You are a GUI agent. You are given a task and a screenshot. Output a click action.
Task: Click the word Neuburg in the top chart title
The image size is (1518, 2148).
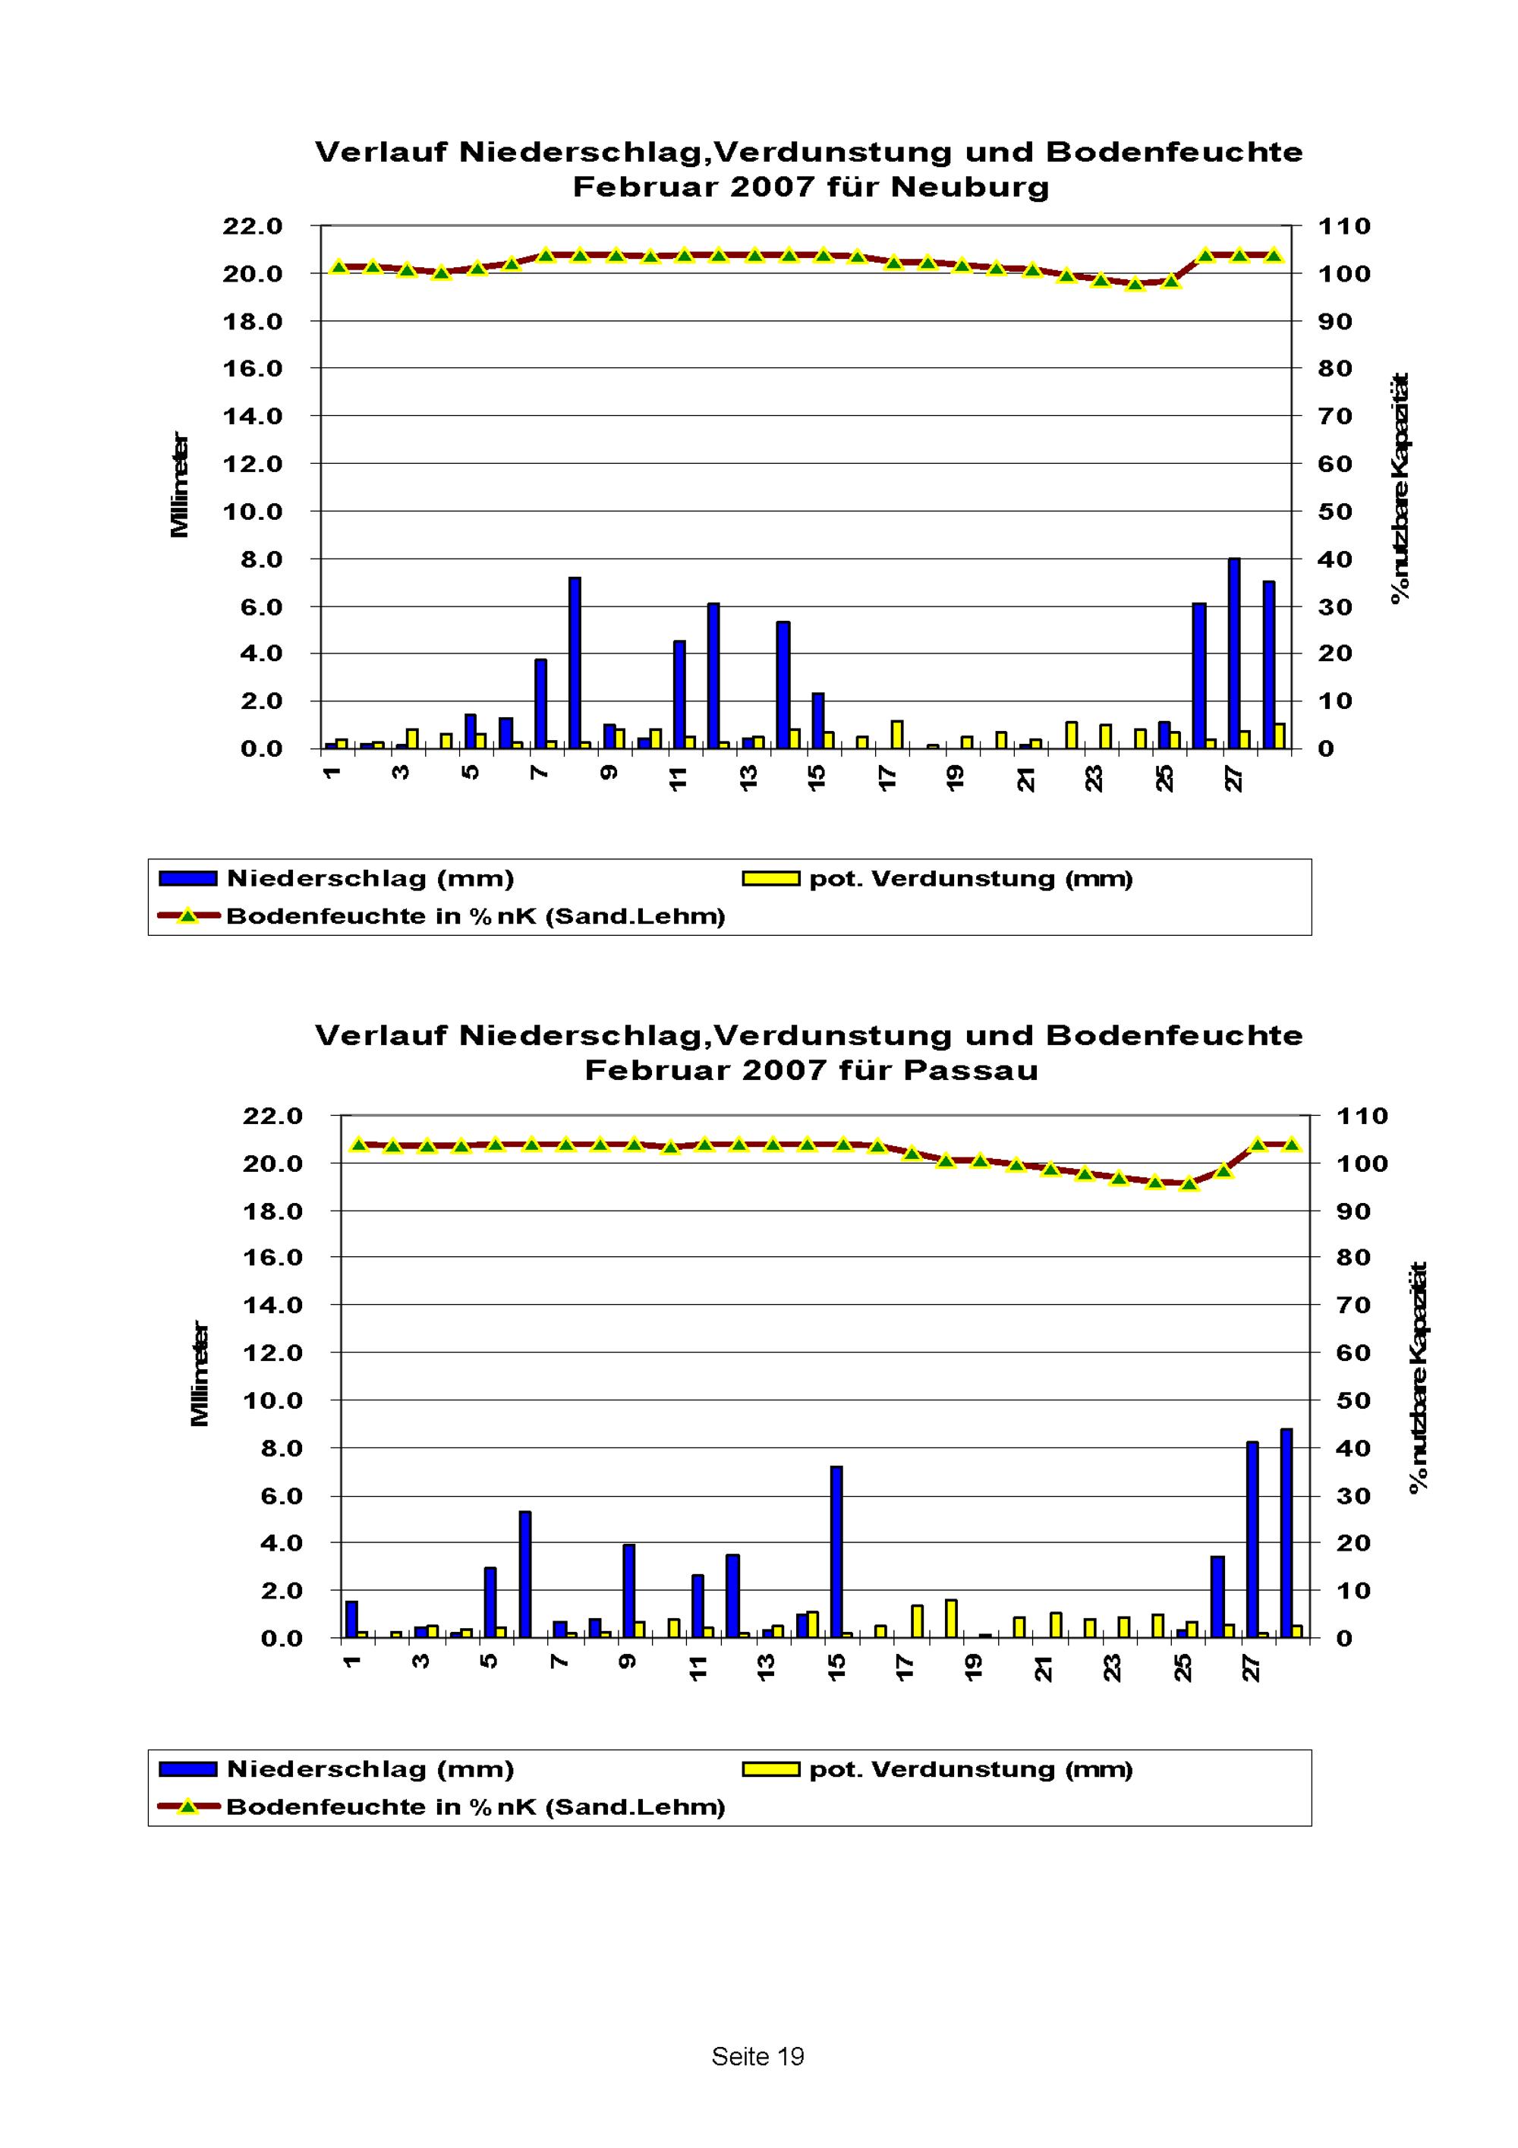click(x=969, y=187)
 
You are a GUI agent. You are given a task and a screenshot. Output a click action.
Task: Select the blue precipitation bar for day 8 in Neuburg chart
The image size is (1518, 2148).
click(x=575, y=663)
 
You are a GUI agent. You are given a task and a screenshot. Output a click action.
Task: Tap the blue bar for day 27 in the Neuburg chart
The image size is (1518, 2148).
click(x=1233, y=653)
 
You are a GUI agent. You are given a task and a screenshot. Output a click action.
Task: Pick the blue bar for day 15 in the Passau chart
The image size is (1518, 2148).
click(x=836, y=1552)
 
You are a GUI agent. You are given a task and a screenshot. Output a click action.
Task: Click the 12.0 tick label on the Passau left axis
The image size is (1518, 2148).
click(x=272, y=1353)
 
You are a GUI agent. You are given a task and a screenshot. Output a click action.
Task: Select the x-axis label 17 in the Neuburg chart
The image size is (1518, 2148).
click(x=887, y=779)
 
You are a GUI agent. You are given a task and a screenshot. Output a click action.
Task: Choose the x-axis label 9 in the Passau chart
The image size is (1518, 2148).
click(x=628, y=1661)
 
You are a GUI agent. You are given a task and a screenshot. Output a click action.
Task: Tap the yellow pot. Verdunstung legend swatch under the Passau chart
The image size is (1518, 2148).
click(x=770, y=1769)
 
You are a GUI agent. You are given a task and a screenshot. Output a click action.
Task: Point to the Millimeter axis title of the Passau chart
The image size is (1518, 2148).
click(x=199, y=1375)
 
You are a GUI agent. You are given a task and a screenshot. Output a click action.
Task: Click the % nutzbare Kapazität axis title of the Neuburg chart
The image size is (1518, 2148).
click(x=1400, y=488)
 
